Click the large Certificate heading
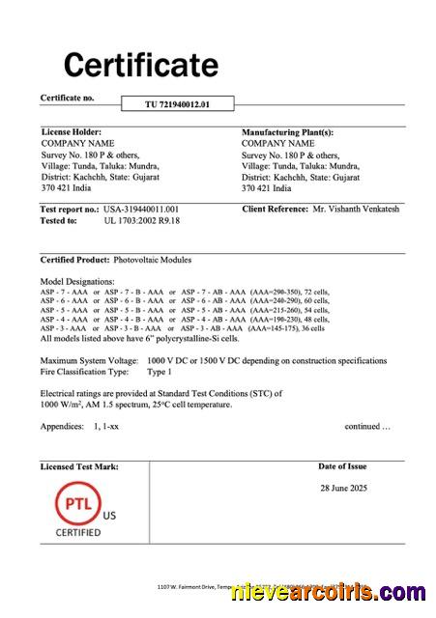141,65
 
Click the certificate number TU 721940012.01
177,102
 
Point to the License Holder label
71,131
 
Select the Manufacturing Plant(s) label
287,131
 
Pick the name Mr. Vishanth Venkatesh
356,209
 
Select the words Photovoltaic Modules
153,260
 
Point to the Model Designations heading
78,280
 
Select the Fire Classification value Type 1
159,371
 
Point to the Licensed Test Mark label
79,466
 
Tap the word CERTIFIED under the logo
77,532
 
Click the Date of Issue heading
342,466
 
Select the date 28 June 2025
343,488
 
